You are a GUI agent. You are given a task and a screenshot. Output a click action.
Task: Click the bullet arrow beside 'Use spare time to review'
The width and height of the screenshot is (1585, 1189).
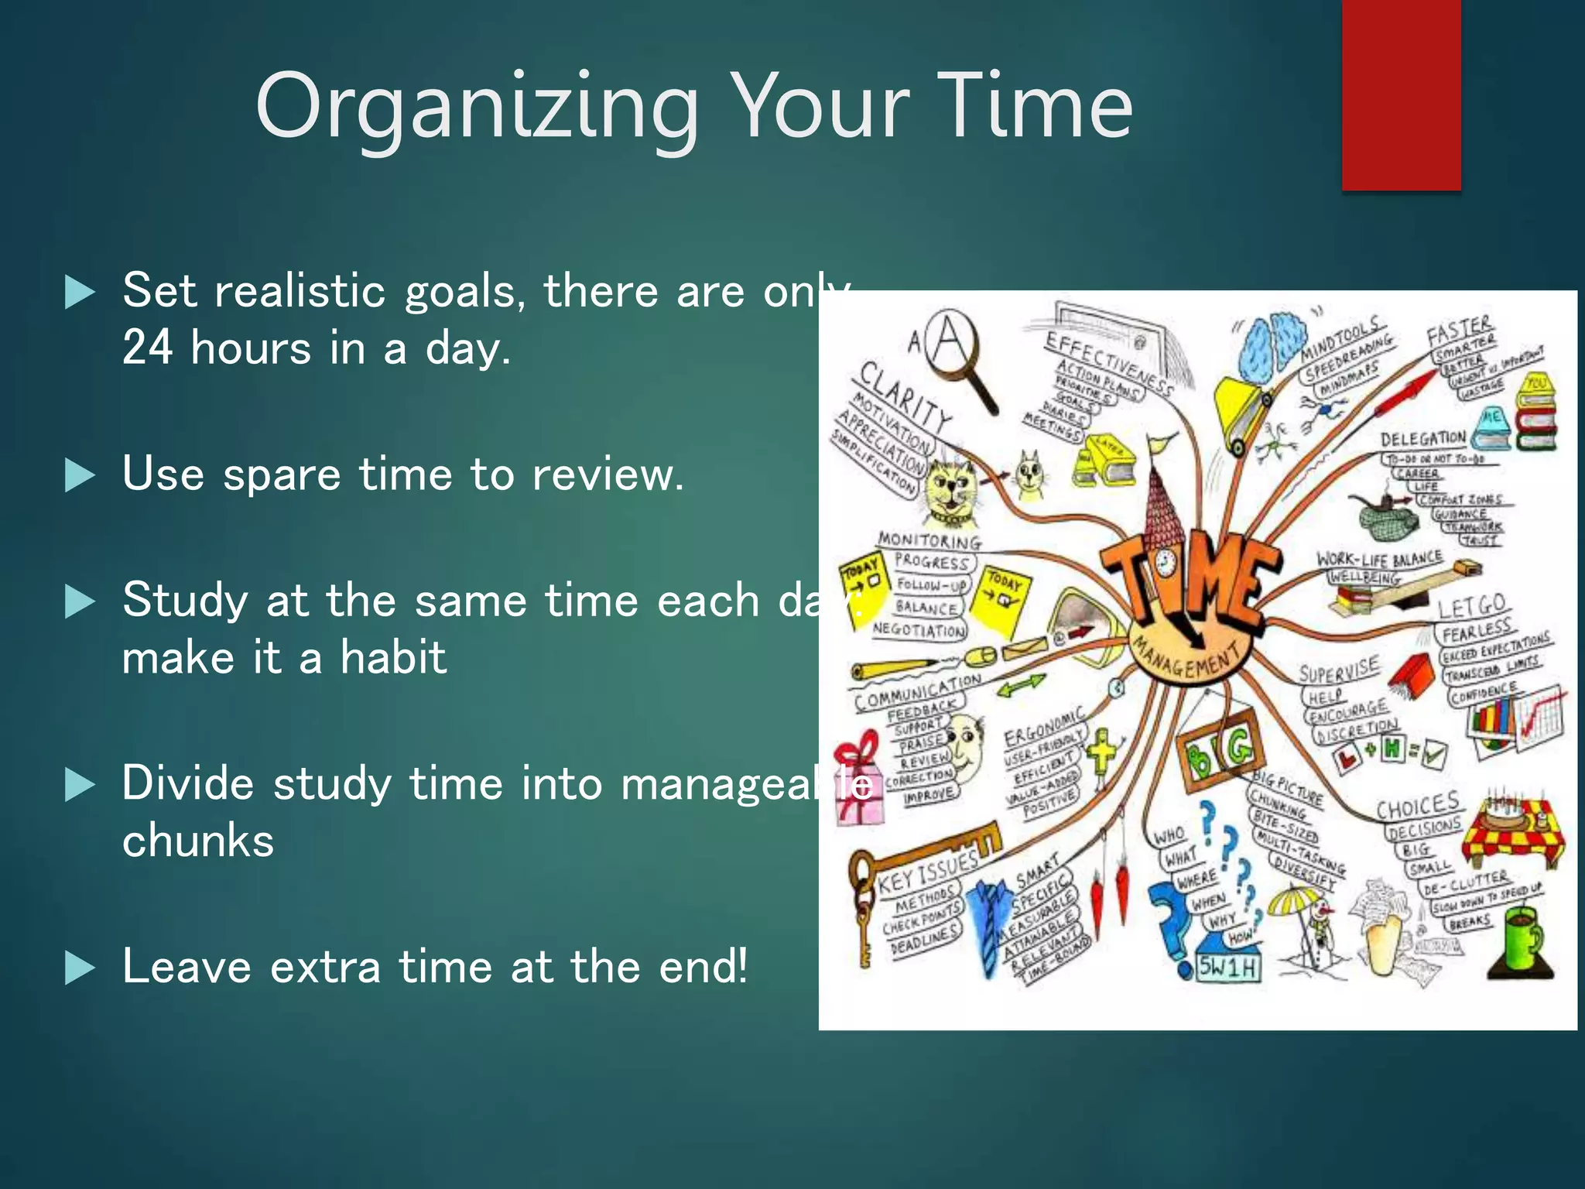[x=80, y=475]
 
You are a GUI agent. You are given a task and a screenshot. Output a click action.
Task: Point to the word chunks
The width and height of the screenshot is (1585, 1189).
[x=198, y=841]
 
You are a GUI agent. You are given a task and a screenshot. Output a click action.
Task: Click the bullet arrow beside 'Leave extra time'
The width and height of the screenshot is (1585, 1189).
[x=80, y=968]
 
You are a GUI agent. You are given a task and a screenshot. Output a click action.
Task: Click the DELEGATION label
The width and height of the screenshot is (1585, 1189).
[x=1422, y=439]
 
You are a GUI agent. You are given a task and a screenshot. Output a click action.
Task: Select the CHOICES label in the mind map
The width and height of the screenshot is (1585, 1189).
[x=1418, y=806]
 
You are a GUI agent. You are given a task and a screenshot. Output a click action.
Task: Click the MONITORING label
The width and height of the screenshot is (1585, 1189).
[x=929, y=540]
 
